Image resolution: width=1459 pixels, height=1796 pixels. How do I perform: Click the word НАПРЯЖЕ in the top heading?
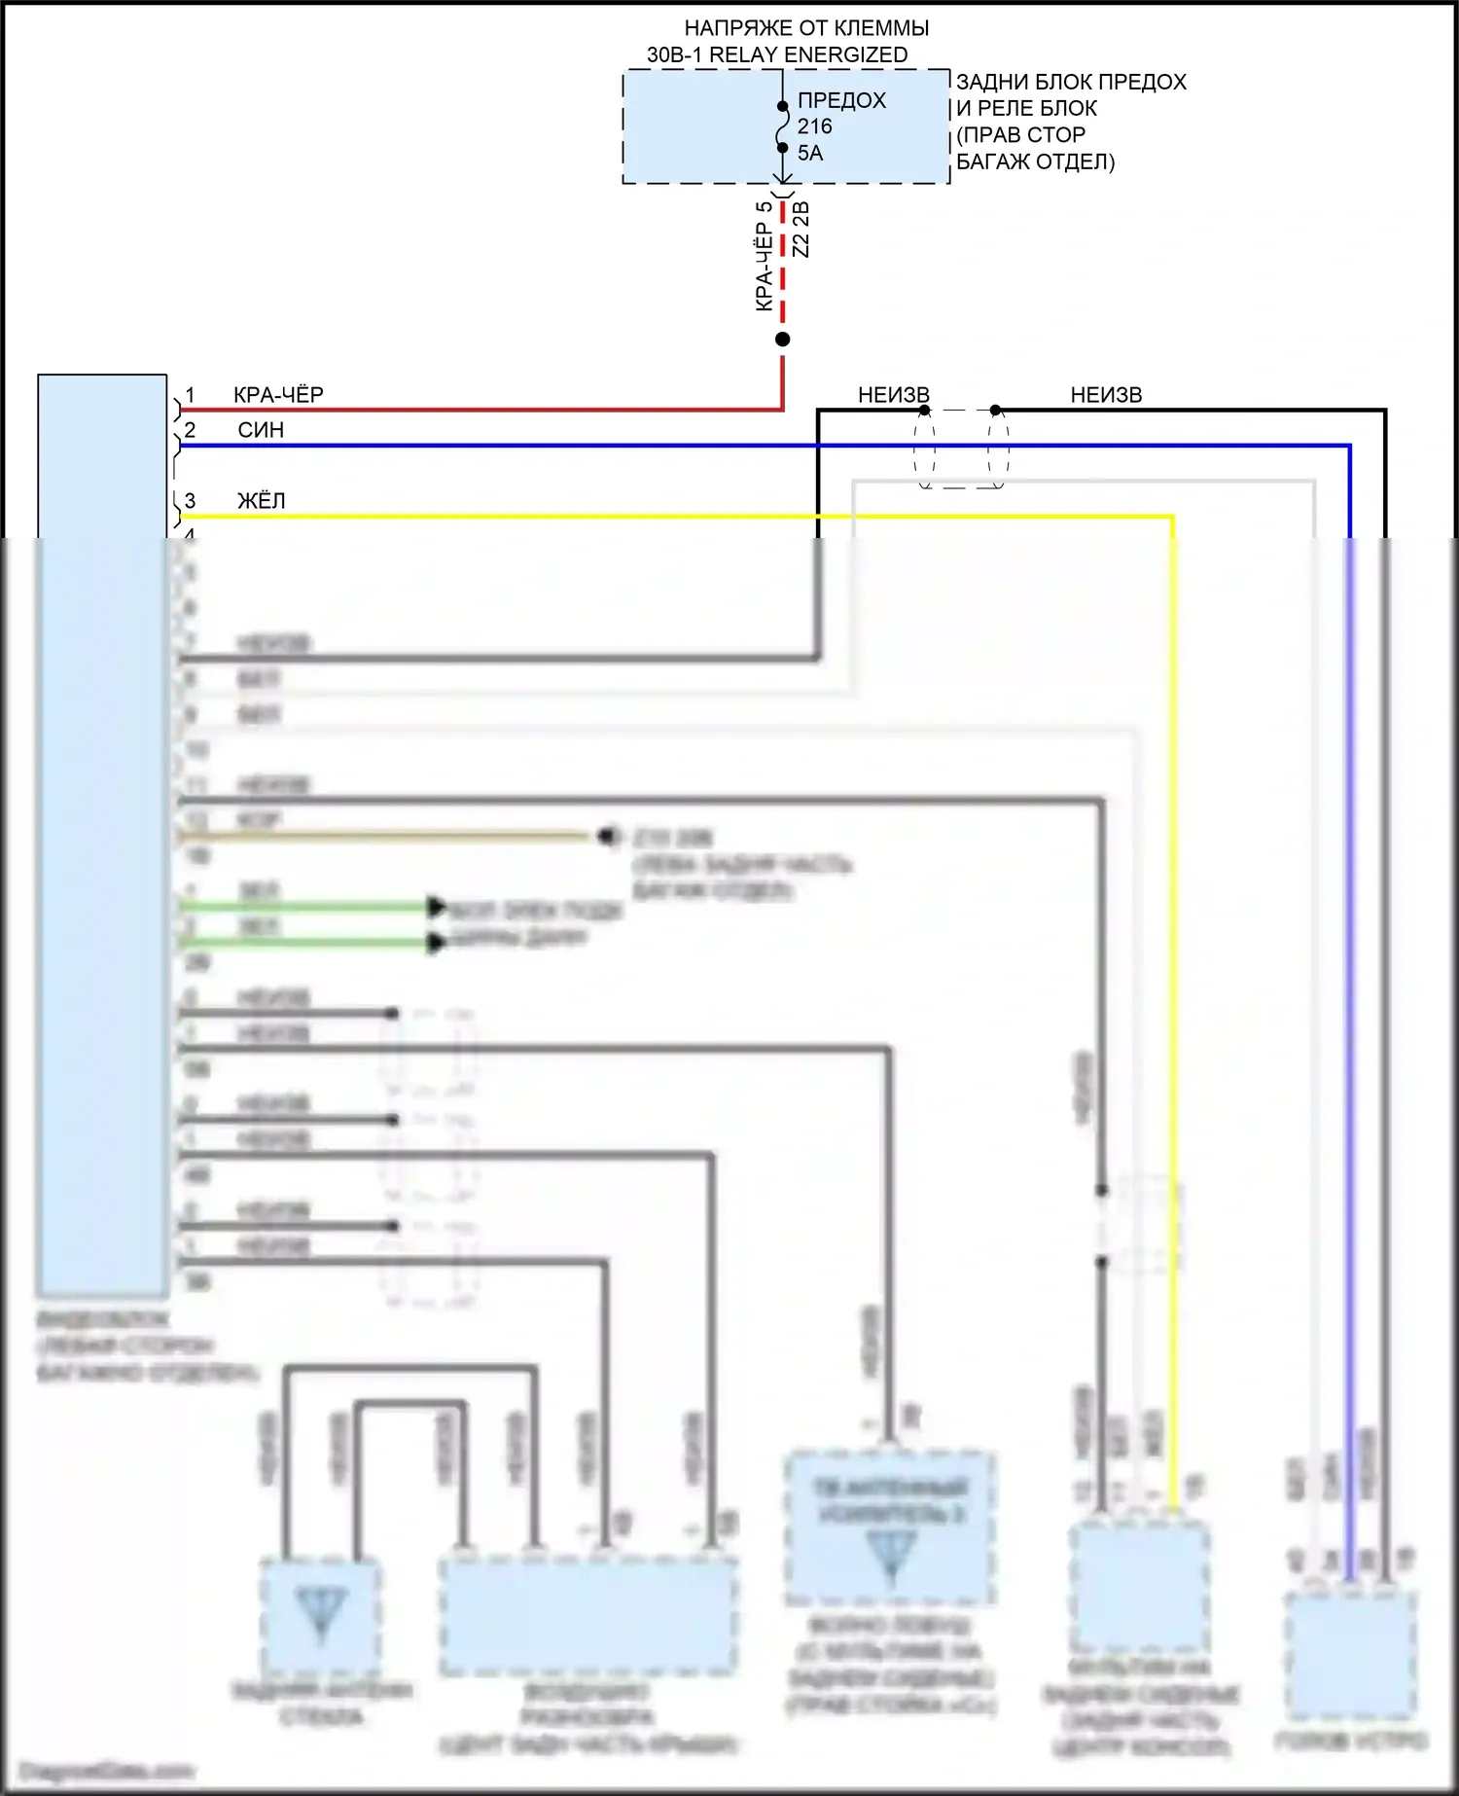(x=730, y=28)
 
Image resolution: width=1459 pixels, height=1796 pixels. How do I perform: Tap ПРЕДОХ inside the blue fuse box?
(x=841, y=101)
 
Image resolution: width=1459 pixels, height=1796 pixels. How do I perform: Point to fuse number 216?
(x=815, y=126)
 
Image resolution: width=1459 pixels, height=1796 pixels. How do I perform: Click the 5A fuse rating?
(x=810, y=153)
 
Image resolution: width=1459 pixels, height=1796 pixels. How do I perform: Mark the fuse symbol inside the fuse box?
(x=782, y=127)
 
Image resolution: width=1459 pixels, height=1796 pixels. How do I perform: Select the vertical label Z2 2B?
(x=802, y=230)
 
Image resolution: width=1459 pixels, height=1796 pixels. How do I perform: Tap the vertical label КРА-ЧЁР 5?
(x=765, y=255)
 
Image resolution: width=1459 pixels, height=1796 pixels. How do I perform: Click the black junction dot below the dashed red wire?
(x=782, y=340)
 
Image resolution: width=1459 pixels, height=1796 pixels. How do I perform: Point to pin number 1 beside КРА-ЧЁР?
(x=190, y=395)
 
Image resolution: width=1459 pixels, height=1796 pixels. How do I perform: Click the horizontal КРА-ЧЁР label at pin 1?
(x=278, y=395)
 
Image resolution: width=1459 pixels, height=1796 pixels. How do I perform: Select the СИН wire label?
(x=261, y=430)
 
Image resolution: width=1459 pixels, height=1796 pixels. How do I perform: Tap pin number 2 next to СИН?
(x=190, y=430)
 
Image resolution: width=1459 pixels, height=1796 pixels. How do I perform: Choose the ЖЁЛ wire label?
(x=261, y=501)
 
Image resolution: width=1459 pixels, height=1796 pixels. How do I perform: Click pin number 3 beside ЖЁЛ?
(x=190, y=501)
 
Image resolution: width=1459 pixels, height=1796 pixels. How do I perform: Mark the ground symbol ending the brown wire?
(x=609, y=836)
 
